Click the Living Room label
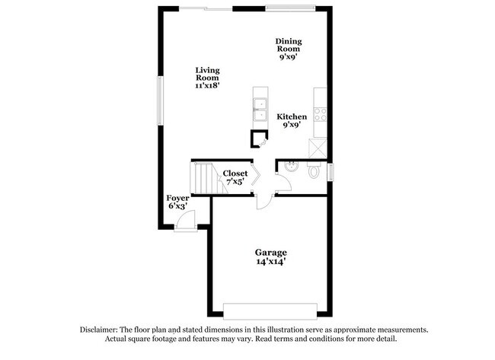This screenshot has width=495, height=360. [207, 78]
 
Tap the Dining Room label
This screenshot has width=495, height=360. [289, 48]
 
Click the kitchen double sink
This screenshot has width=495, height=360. [259, 111]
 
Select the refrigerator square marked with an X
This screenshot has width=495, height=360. [321, 146]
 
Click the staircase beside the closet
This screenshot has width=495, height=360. [204, 180]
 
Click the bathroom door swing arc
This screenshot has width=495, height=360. [283, 182]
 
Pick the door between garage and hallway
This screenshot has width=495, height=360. [263, 200]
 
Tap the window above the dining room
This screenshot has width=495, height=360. [295, 8]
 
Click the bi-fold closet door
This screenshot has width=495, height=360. [257, 176]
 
